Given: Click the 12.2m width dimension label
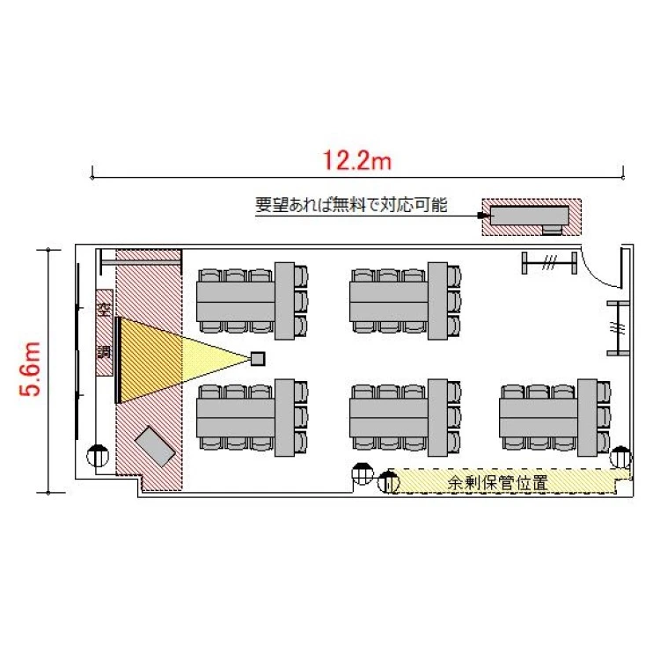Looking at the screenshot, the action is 357,160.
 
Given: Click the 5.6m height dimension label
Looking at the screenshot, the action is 30,369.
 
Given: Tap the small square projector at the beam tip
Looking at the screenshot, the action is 258,359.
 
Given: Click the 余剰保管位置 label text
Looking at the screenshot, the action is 497,482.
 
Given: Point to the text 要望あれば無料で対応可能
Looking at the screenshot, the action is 351,205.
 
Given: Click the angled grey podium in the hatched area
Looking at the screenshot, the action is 155,446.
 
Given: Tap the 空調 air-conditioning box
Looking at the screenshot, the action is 104,332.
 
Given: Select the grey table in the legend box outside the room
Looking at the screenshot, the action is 530,216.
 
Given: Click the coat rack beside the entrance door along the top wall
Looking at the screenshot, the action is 549,263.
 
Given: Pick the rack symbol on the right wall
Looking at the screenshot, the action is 618,328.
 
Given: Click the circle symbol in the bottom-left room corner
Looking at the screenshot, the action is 98,456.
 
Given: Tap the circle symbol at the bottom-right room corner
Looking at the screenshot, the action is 621,457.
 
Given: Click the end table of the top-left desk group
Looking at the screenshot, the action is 284,301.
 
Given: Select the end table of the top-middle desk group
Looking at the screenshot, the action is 437,301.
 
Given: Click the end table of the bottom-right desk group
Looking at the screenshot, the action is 587,417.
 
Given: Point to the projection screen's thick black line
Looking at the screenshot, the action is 118,360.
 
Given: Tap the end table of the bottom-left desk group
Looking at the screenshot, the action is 284,417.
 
